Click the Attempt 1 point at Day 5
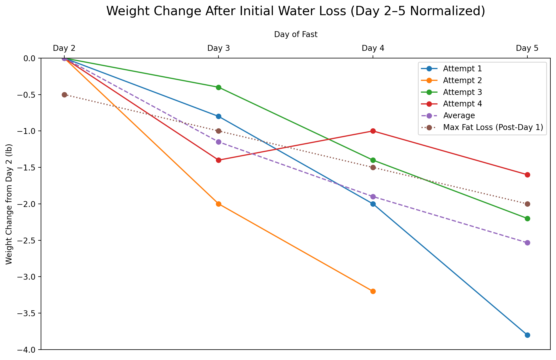527,335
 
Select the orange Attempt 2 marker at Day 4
373,291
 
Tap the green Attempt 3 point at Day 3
218,87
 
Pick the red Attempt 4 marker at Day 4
373,131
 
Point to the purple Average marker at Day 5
527,243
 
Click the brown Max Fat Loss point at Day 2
64,95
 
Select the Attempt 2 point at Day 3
218,204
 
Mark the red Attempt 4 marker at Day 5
527,175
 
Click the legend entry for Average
459,116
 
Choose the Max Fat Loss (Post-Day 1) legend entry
493,127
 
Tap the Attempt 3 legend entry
462,92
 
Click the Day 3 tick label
218,48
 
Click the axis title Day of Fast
296,35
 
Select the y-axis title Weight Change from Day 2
9,204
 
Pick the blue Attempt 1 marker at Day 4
373,204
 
